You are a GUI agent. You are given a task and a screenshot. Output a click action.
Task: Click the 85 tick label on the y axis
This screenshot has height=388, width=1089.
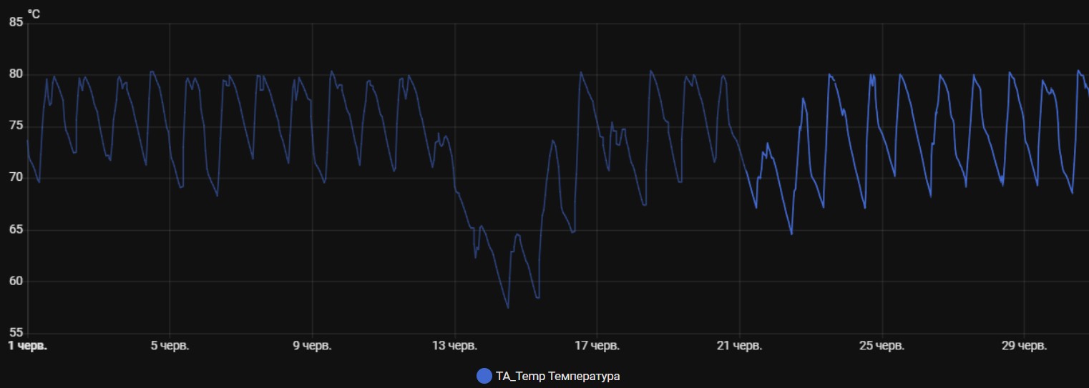(16, 23)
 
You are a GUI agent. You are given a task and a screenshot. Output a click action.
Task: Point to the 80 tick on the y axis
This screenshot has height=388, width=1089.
(16, 74)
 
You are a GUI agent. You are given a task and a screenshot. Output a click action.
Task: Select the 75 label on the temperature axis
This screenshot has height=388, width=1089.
(16, 126)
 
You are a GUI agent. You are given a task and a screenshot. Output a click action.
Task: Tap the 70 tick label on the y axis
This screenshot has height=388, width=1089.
(16, 178)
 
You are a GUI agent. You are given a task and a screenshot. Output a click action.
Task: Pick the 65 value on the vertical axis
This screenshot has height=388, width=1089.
(16, 230)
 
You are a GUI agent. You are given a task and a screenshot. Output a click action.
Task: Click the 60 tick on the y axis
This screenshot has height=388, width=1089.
(16, 282)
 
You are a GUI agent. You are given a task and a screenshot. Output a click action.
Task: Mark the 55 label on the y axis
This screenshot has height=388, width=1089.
(16, 333)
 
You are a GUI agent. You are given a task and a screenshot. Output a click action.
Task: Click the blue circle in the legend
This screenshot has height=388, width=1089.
(484, 376)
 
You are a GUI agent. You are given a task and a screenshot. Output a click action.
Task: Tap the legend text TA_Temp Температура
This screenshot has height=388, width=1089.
(557, 376)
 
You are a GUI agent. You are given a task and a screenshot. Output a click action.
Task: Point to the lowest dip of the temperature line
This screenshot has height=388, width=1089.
(507, 308)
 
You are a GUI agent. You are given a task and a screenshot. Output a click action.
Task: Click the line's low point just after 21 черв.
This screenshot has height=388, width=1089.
(791, 234)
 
